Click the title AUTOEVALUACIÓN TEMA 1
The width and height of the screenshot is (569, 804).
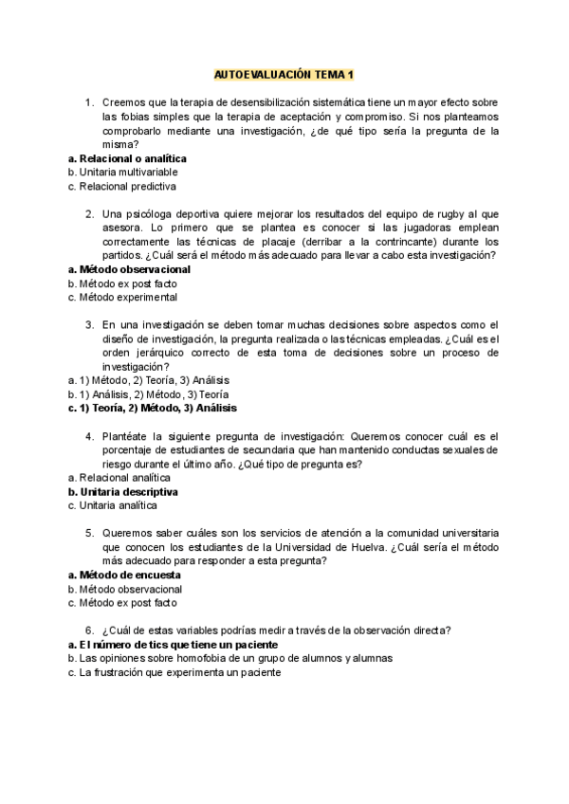[284, 74]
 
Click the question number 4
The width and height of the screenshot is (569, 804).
[88, 435]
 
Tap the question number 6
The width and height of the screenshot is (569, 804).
[88, 630]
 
